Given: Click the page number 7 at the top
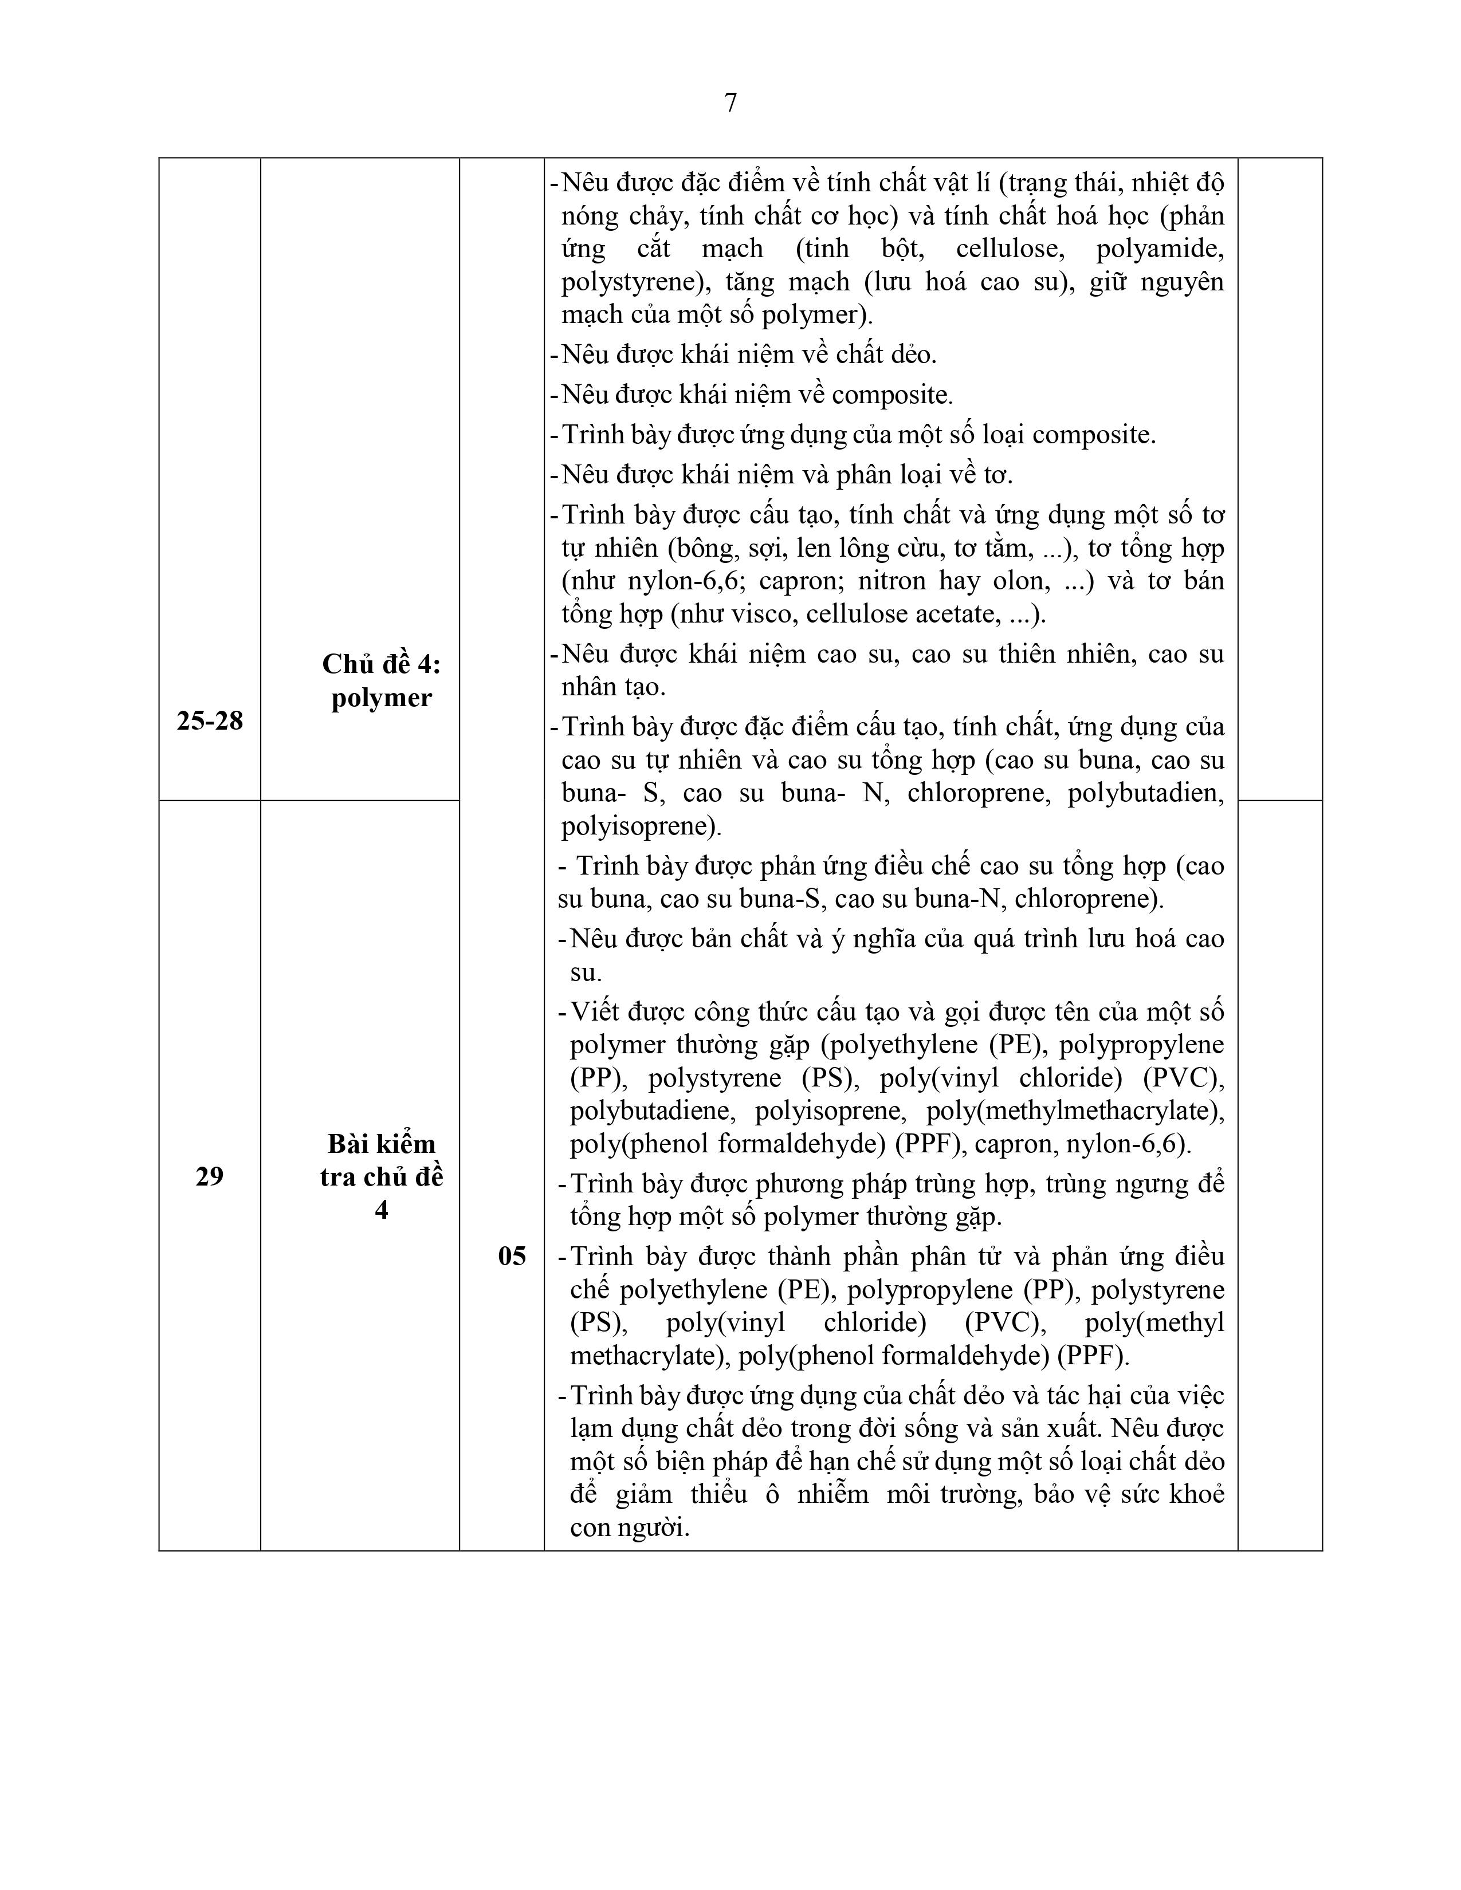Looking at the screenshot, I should [731, 103].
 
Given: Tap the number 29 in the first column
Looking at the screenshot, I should [210, 1176].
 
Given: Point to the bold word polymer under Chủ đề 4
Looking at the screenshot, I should [381, 698].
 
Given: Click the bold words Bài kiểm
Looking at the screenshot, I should [381, 1144].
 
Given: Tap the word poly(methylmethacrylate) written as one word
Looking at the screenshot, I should [1075, 1111].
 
